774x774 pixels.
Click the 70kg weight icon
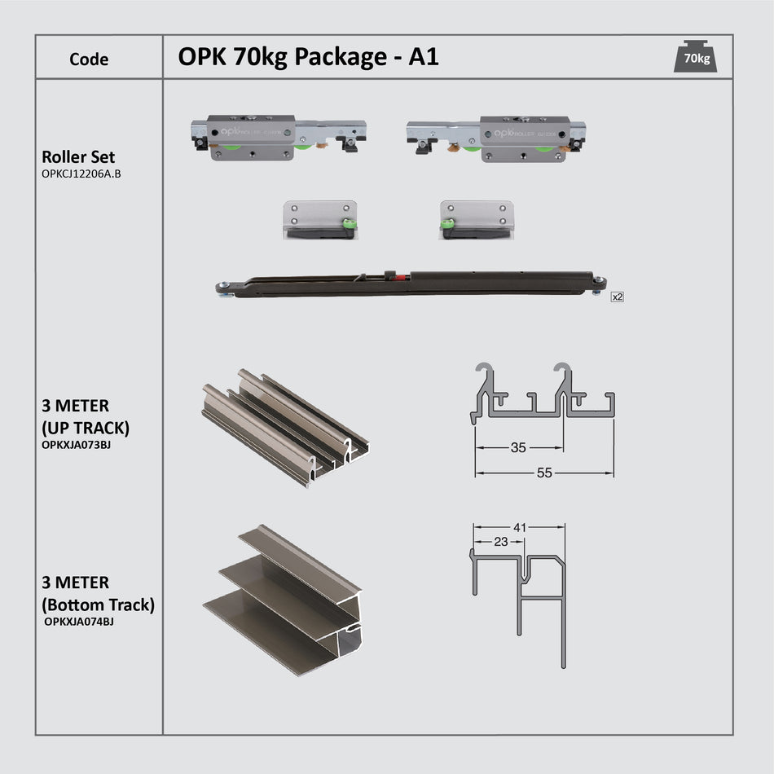point(696,56)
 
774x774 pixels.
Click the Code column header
point(89,59)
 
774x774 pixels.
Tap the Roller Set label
point(78,157)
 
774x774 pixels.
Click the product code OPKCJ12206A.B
point(81,174)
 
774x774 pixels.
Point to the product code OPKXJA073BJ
point(75,444)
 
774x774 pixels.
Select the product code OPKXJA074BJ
point(78,621)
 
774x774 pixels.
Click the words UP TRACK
point(85,427)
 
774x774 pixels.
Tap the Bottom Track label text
point(98,605)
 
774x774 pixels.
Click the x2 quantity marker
point(617,297)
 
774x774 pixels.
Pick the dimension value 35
point(517,447)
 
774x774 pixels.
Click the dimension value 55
point(543,472)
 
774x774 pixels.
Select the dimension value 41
point(518,527)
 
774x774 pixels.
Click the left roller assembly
point(278,136)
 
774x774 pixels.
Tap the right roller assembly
point(495,138)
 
